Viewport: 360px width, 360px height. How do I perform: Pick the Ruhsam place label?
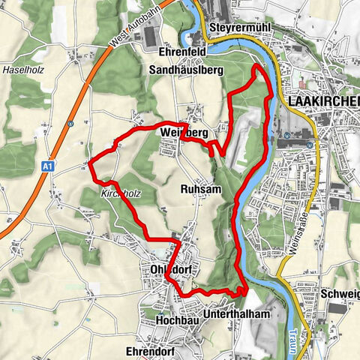pos(201,190)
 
